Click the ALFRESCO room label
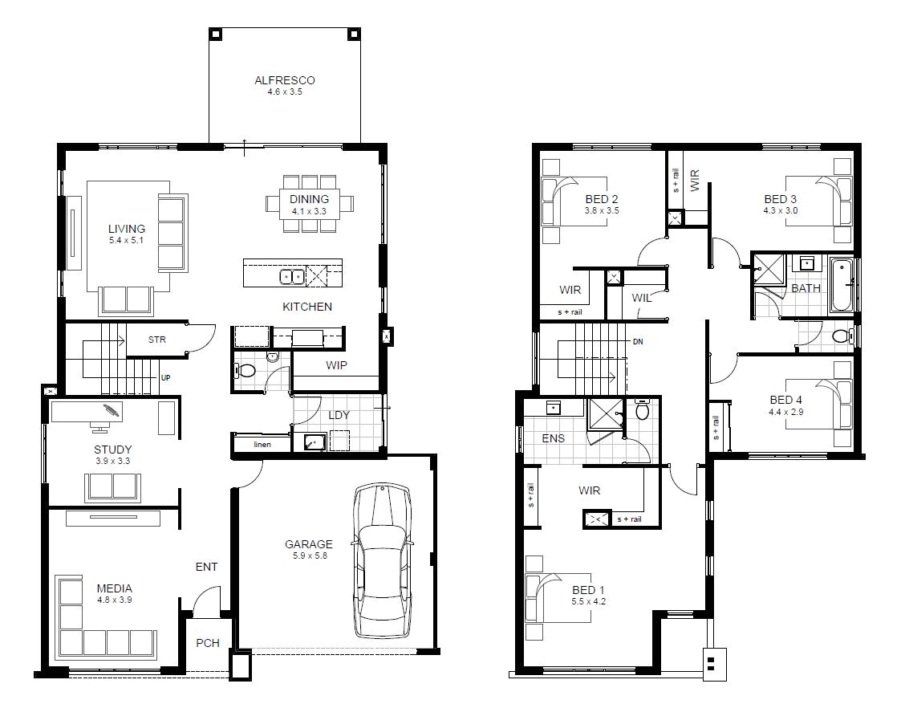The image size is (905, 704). (x=284, y=80)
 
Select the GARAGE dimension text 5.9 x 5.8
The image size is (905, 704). (x=308, y=555)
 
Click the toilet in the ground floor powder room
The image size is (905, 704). (x=246, y=372)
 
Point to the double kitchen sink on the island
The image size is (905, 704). (x=291, y=277)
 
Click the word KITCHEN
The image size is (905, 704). (x=306, y=307)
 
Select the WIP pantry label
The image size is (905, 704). (x=336, y=364)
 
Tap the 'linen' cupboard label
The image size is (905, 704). (x=263, y=444)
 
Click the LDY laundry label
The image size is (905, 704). (x=339, y=415)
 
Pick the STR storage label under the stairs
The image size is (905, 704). (x=157, y=340)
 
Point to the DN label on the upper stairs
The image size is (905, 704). (x=638, y=342)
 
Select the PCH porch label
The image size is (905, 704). (x=208, y=643)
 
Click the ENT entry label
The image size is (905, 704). (x=206, y=567)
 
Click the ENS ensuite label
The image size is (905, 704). (x=553, y=438)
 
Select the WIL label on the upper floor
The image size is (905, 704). (x=641, y=297)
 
